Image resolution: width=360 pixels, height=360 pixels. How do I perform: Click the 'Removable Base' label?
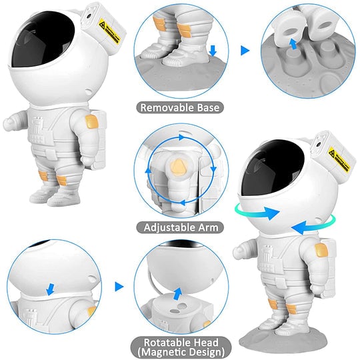(x=180, y=106)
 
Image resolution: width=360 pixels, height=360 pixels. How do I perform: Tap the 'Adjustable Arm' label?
(x=180, y=227)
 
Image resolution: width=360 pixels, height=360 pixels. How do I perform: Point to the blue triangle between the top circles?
(x=244, y=49)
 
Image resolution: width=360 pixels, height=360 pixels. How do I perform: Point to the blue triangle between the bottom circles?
(x=119, y=287)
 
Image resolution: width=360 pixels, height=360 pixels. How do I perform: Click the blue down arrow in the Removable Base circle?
(x=213, y=51)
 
